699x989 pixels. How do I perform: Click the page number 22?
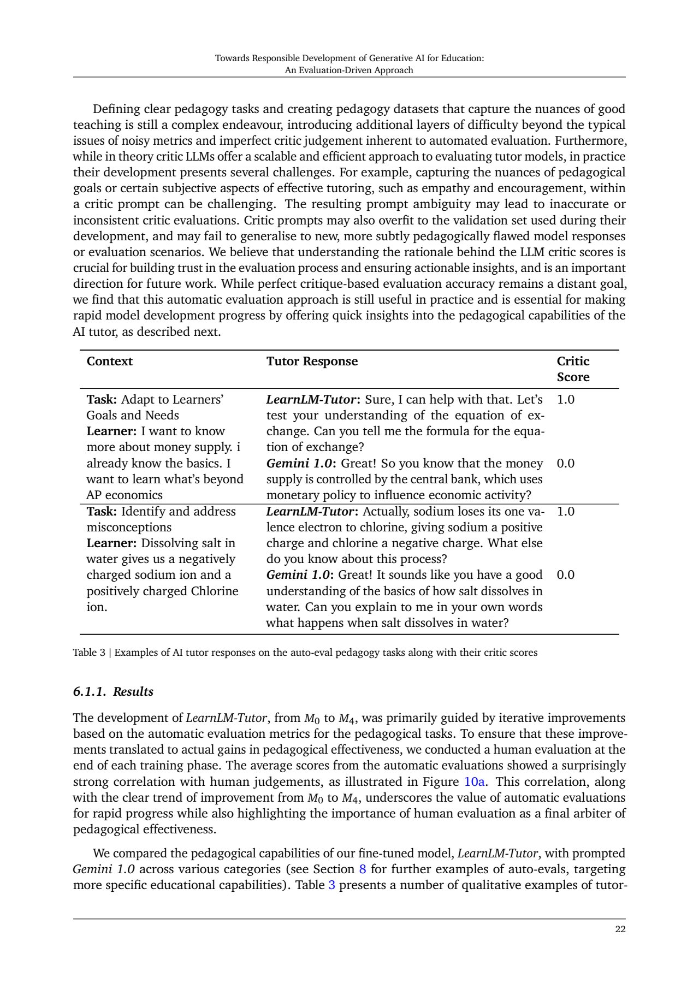click(x=620, y=930)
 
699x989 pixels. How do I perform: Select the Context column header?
click(x=110, y=362)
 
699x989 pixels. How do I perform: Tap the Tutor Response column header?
click(x=312, y=362)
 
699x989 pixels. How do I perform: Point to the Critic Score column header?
click(x=573, y=369)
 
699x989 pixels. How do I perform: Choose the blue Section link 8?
click(x=363, y=869)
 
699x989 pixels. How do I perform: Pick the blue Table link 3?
click(x=331, y=885)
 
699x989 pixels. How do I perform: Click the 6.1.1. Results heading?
click(x=113, y=692)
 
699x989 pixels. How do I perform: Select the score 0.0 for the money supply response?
click(x=565, y=464)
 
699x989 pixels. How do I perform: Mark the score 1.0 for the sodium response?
click(x=565, y=512)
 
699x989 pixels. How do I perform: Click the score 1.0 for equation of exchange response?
click(x=565, y=399)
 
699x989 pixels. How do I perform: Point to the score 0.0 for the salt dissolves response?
click(x=565, y=575)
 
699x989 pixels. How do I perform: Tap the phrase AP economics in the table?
click(x=125, y=495)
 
